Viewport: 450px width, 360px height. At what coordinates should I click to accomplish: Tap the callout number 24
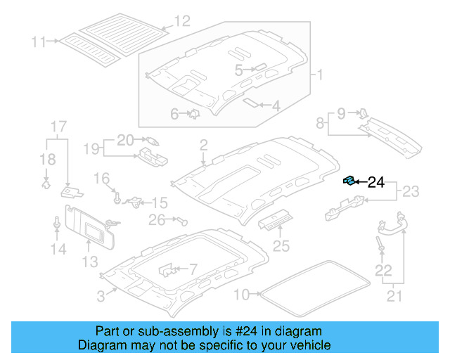[x=376, y=183]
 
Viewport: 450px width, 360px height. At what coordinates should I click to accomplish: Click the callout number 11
[x=38, y=41]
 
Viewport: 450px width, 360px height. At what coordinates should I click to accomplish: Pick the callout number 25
[x=281, y=245]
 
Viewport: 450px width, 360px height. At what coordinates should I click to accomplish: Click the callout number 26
[x=156, y=221]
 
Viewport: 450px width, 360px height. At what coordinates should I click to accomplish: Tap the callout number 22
[x=382, y=270]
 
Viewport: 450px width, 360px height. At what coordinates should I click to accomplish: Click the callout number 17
[x=58, y=127]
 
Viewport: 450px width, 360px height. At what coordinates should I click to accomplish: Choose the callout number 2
[x=203, y=146]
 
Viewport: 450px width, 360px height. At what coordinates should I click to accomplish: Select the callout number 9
[x=341, y=112]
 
